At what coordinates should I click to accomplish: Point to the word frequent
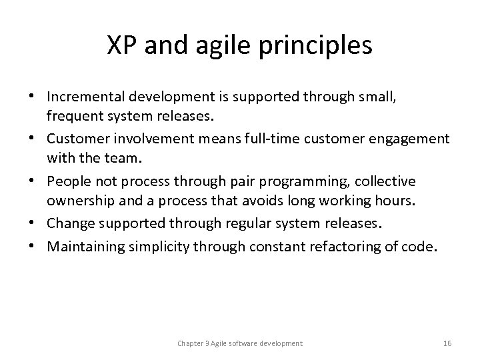tap(71, 118)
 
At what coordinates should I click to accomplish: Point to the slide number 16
tap(447, 343)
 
